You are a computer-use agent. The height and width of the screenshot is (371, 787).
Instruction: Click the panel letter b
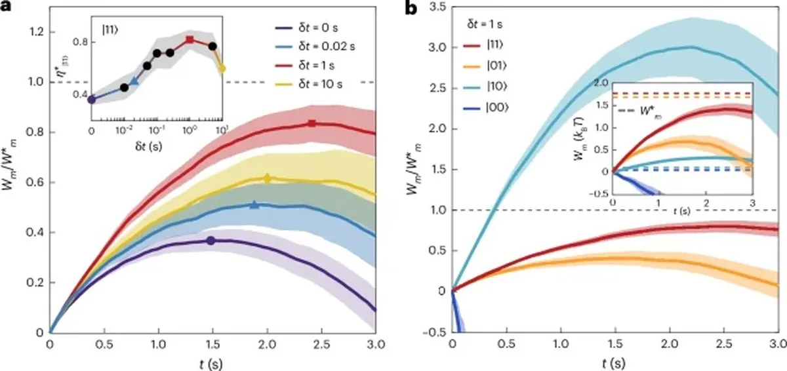coord(411,8)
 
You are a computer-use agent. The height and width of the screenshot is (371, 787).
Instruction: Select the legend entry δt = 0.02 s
coord(314,47)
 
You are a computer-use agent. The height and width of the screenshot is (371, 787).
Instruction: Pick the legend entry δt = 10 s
coord(308,85)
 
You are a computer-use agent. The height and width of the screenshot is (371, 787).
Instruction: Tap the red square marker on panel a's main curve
coord(312,123)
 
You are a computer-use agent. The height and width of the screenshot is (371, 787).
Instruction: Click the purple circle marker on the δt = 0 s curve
coord(211,241)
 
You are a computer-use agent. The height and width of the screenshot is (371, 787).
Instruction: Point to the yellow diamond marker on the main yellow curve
coord(267,178)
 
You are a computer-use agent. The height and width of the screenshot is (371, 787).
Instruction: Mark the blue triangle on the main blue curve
coord(254,205)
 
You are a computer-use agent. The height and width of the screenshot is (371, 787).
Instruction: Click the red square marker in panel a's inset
coord(190,39)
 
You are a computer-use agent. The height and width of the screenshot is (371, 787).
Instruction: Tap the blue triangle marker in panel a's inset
coord(134,81)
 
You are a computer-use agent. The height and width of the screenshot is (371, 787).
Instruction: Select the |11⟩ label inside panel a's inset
coord(110,30)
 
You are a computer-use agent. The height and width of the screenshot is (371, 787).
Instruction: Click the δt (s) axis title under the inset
coord(149,146)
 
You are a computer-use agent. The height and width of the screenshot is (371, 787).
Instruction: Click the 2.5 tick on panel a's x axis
coord(322,344)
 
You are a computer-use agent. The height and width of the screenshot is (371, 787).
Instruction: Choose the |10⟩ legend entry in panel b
coord(486,87)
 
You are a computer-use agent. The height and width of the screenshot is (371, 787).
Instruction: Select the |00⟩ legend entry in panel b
coord(486,107)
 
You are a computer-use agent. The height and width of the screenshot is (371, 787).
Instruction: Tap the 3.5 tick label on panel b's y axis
coord(438,7)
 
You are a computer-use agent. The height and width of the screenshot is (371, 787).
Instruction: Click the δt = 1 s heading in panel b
coord(485,24)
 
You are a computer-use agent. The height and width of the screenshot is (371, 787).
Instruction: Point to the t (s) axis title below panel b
coord(614,363)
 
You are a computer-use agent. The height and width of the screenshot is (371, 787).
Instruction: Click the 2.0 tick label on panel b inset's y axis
coord(601,83)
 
